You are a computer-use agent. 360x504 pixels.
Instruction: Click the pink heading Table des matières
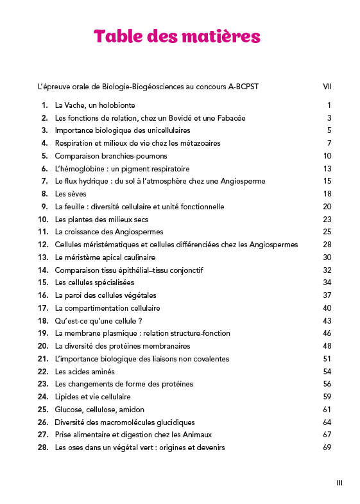point(177,37)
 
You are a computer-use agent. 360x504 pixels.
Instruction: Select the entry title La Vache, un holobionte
point(95,105)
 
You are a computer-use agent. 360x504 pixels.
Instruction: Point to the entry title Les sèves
point(71,194)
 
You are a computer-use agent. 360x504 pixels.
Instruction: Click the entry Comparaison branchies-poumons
point(102,156)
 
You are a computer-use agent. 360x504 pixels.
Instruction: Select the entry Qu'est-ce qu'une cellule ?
point(98,320)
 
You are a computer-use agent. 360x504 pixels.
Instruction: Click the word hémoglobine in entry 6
point(82,168)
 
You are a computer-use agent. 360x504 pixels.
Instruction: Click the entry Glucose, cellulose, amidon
point(99,410)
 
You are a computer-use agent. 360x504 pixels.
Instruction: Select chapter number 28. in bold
point(43,448)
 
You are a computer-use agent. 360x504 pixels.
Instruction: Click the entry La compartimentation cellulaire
point(107,308)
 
